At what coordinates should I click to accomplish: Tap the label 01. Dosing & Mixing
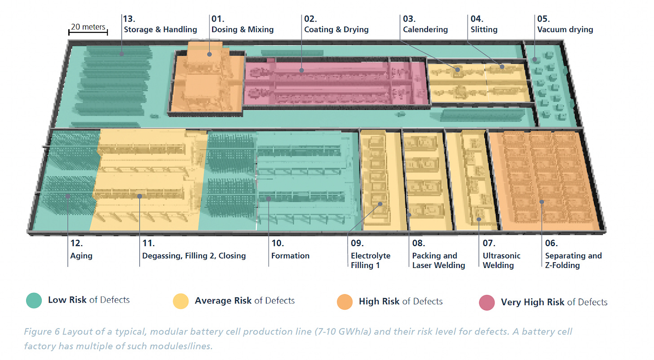tap(242, 25)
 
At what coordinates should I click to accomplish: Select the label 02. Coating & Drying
tap(336, 25)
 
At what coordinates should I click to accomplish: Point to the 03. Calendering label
tap(425, 25)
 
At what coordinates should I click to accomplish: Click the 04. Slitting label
tap(484, 25)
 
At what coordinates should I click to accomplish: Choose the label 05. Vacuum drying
tap(565, 25)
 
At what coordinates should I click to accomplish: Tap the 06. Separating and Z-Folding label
tap(573, 255)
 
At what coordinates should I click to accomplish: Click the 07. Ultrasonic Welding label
tap(501, 255)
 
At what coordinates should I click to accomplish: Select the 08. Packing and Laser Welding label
tap(438, 255)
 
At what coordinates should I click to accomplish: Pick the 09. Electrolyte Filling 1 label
tap(370, 255)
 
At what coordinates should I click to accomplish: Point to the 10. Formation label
tap(290, 250)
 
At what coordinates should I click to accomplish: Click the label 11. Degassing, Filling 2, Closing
tap(194, 250)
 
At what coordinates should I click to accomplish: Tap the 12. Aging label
tap(81, 250)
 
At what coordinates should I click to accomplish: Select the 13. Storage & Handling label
tap(160, 25)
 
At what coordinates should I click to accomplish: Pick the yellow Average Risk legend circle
tap(181, 301)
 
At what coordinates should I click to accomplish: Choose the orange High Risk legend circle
tap(345, 302)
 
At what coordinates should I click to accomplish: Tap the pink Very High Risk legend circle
tap(487, 302)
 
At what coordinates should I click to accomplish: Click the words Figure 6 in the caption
tap(41, 333)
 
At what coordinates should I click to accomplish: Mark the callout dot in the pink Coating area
tap(302, 70)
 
